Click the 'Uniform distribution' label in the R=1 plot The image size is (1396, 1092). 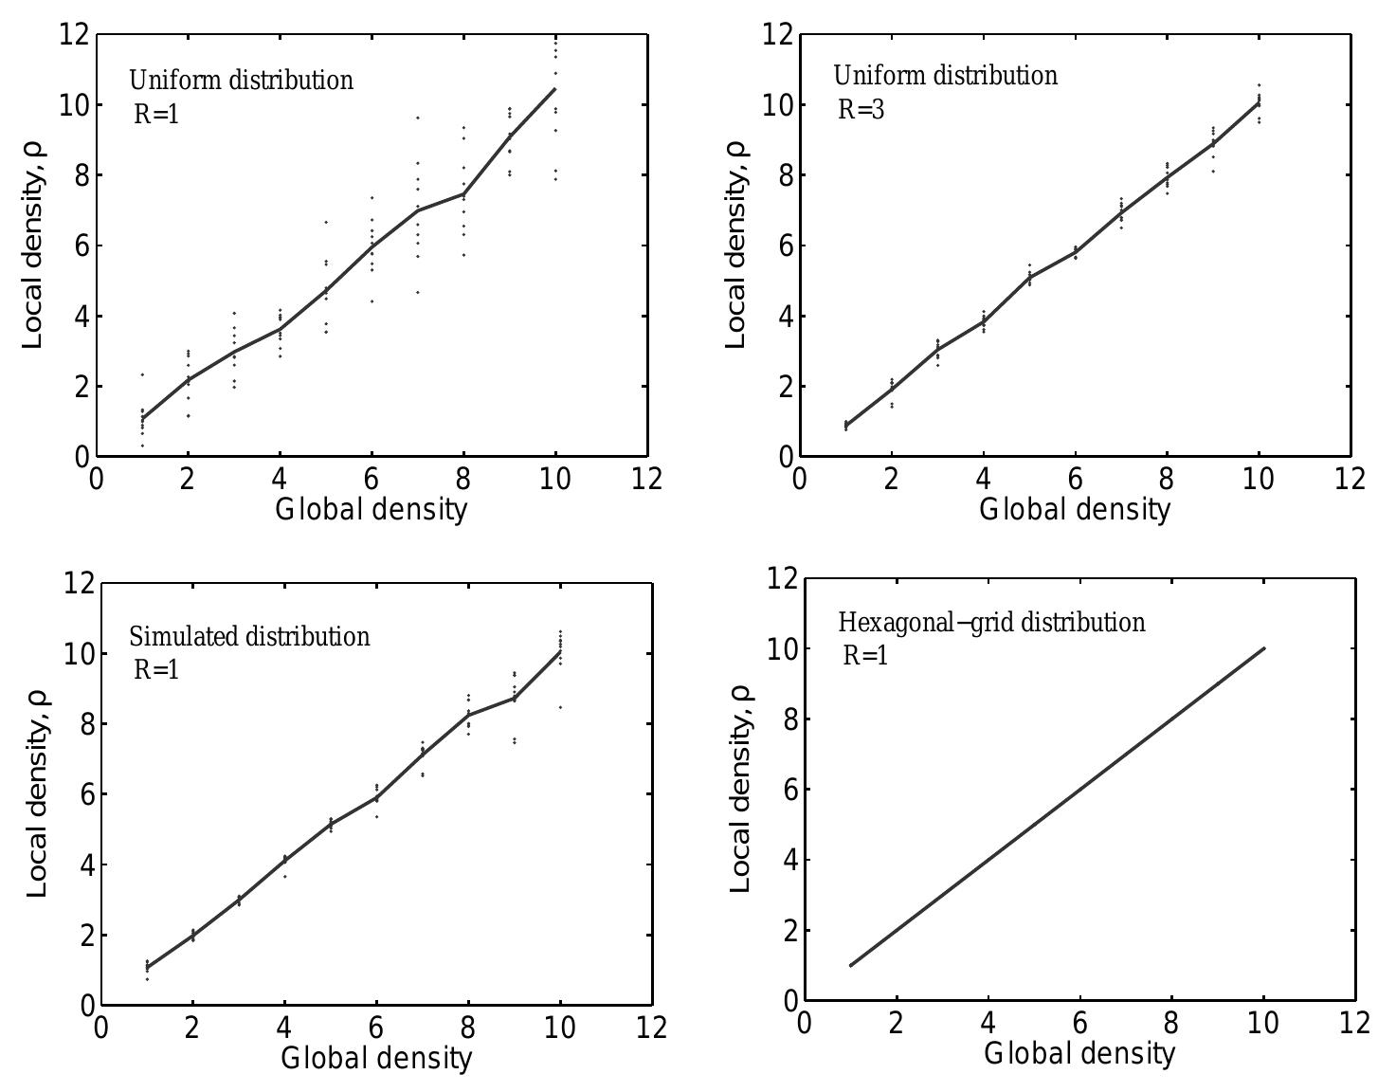[242, 81]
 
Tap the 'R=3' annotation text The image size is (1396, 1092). [861, 110]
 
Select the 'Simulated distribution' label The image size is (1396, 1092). [250, 637]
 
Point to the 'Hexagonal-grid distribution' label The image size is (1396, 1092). [992, 623]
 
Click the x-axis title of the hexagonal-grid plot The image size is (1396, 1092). [1079, 1054]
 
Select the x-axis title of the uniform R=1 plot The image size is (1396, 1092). [372, 509]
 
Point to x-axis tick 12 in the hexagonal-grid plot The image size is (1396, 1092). [1355, 1023]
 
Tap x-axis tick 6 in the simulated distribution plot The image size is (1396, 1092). [376, 1028]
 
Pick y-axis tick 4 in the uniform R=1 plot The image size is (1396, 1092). [82, 316]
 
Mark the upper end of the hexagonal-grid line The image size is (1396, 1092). [1264, 648]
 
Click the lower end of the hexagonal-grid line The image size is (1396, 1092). [850, 965]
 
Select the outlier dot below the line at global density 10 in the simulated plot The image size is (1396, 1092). [560, 707]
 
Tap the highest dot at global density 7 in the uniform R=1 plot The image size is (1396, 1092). [418, 118]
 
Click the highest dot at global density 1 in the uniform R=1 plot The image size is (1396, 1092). [142, 374]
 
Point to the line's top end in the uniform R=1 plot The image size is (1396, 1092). [555, 89]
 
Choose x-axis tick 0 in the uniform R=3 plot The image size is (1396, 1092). [800, 480]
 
